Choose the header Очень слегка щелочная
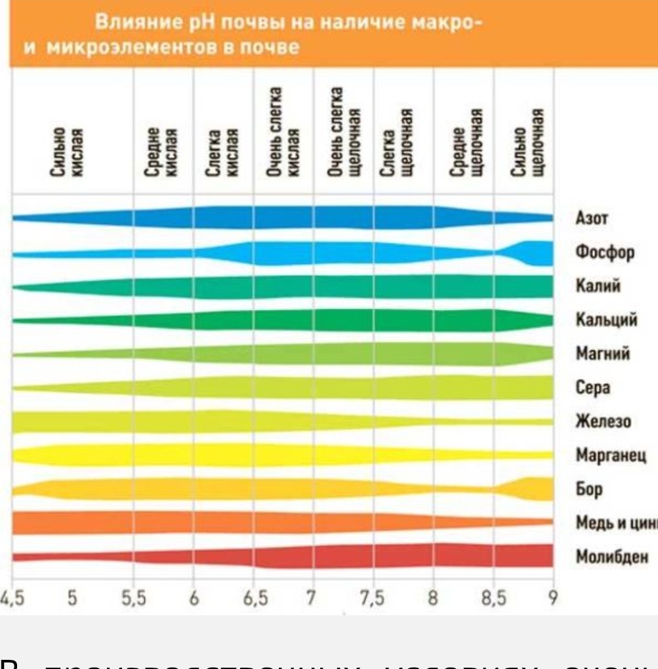coord(345,134)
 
